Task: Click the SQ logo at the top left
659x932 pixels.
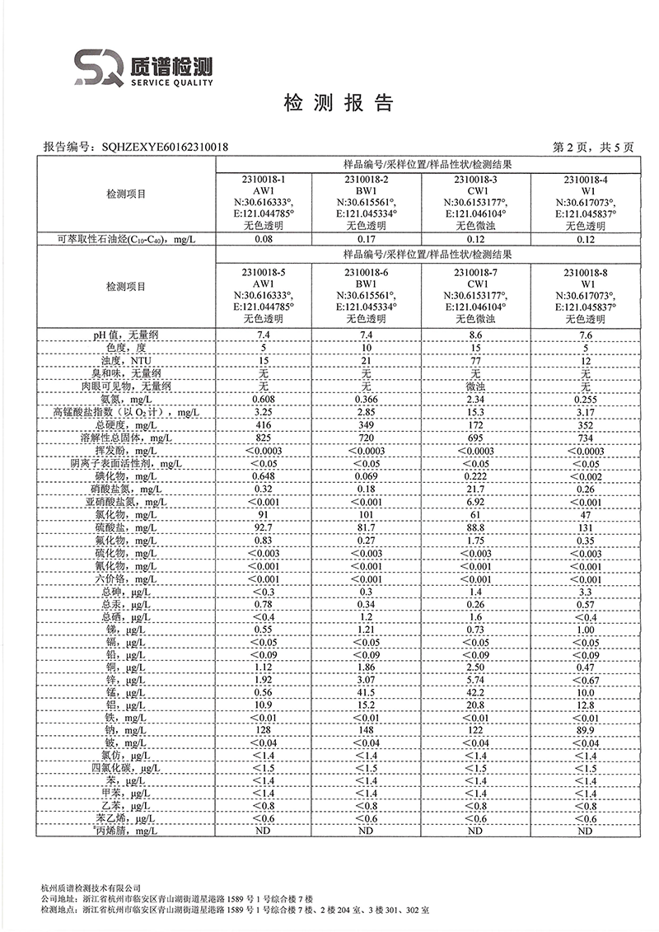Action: pyautogui.click(x=98, y=66)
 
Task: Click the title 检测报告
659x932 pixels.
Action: pyautogui.click(x=339, y=103)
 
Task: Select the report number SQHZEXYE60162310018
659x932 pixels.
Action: pyautogui.click(x=165, y=148)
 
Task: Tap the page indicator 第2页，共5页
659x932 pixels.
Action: pyautogui.click(x=593, y=148)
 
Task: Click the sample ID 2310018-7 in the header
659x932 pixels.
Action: pyautogui.click(x=475, y=272)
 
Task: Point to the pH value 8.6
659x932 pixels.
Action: pyautogui.click(x=475, y=335)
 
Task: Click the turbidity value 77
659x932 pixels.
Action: pyautogui.click(x=475, y=361)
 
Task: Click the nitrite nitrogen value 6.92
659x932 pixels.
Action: pyautogui.click(x=475, y=501)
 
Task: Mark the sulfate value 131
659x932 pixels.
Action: pyautogui.click(x=586, y=527)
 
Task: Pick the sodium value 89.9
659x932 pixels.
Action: pyautogui.click(x=586, y=730)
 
